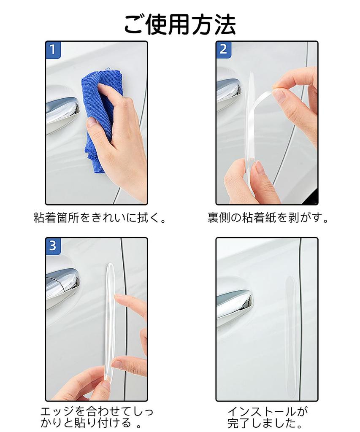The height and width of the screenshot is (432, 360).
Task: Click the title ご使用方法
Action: point(180,24)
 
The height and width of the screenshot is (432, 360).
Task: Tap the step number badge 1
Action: point(53,50)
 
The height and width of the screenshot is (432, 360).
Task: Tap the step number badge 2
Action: point(224,50)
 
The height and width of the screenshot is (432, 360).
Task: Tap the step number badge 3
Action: point(53,246)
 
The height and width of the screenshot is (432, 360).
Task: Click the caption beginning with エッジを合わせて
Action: point(97,416)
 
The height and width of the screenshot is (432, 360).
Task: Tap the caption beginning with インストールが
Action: point(268,416)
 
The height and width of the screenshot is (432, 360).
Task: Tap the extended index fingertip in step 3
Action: point(118,298)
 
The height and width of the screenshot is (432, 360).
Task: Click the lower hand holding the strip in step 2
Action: point(249,181)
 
